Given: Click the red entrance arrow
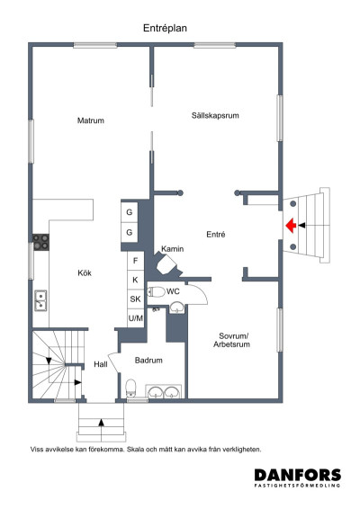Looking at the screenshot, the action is pyautogui.click(x=291, y=226).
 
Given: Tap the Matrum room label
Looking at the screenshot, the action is pyautogui.click(x=91, y=121).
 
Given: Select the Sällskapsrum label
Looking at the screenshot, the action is pyautogui.click(x=215, y=115).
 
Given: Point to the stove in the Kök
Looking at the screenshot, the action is pyautogui.click(x=40, y=242).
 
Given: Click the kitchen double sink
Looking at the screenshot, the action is pyautogui.click(x=40, y=300).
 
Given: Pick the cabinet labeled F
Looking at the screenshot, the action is pyautogui.click(x=136, y=261).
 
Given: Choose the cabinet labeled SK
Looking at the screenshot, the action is pyautogui.click(x=136, y=299).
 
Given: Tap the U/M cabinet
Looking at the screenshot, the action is pyautogui.click(x=136, y=318).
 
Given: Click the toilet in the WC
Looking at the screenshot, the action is pyautogui.click(x=157, y=292).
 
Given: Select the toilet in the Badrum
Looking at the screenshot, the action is pyautogui.click(x=130, y=388).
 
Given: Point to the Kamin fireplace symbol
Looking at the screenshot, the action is pyautogui.click(x=166, y=265).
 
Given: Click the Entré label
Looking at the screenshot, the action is pyautogui.click(x=216, y=235).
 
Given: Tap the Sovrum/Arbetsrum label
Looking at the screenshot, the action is pyautogui.click(x=231, y=340).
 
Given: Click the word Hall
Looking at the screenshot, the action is pyautogui.click(x=101, y=364).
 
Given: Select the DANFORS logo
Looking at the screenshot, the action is pyautogui.click(x=298, y=478).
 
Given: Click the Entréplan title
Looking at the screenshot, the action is pyautogui.click(x=165, y=28).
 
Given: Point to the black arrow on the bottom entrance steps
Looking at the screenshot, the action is pyautogui.click(x=101, y=422).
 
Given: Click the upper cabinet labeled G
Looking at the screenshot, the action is pyautogui.click(x=130, y=212).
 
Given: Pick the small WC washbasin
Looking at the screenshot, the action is pyautogui.click(x=176, y=308).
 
